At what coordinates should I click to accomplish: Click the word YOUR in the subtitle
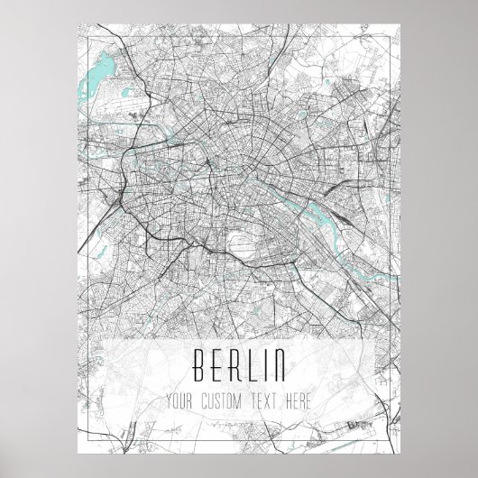(181, 400)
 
